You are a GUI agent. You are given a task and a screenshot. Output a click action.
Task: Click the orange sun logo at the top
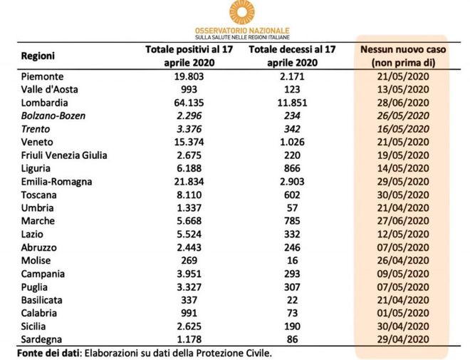tap(242, 11)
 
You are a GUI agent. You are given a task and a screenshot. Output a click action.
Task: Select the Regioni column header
tap(38, 56)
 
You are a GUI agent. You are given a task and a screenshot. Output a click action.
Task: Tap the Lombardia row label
tap(44, 103)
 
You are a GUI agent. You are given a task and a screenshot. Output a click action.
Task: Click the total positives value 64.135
tap(189, 103)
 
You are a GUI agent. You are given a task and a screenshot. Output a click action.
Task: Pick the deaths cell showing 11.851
tap(292, 103)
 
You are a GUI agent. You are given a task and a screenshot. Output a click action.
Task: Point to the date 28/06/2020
tap(403, 103)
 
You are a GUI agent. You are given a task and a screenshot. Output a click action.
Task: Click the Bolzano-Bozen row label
tap(53, 115)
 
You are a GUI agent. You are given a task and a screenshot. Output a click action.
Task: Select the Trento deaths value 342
tap(292, 129)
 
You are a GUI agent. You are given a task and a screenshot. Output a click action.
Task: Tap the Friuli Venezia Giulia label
tap(64, 155)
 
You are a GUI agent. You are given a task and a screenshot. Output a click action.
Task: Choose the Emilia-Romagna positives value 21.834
tap(189, 182)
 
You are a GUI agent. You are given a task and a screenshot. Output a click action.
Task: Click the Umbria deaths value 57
tap(292, 208)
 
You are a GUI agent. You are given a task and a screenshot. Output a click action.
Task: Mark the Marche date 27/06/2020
tap(403, 221)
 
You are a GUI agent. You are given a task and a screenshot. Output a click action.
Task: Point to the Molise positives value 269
tap(189, 260)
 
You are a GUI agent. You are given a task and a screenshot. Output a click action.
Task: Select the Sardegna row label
tap(41, 339)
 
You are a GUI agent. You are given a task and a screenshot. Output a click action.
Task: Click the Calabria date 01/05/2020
tap(403, 313)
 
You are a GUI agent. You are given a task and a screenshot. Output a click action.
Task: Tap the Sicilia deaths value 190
tap(292, 326)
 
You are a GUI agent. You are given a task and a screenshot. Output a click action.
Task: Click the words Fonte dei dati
tap(48, 353)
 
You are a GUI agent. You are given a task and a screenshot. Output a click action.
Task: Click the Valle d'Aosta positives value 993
tap(189, 89)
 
